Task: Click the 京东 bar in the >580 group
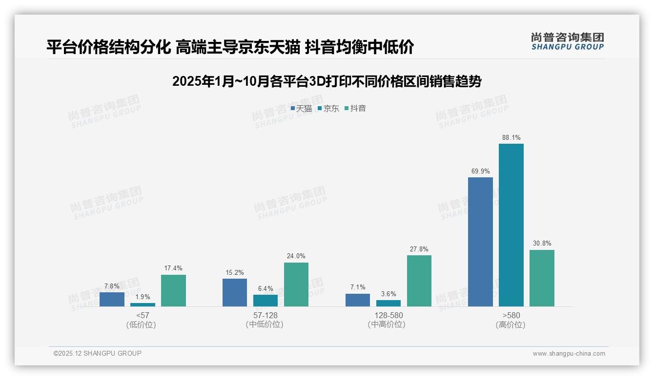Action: click(x=511, y=225)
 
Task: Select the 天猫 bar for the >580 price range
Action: click(x=480, y=242)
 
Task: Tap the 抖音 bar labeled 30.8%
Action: click(x=542, y=278)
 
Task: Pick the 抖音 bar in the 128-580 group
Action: click(x=419, y=281)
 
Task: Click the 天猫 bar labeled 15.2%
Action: click(x=235, y=292)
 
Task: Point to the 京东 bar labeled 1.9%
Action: click(x=143, y=304)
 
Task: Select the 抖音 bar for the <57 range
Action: click(x=173, y=290)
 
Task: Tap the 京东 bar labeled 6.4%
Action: click(x=266, y=301)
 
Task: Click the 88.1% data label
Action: click(x=511, y=138)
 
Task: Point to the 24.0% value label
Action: click(x=296, y=256)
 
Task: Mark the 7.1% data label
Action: click(x=358, y=287)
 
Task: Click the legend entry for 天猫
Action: click(x=301, y=109)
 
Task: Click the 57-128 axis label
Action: click(x=266, y=316)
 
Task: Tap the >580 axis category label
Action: click(x=511, y=316)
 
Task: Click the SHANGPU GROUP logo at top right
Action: click(x=567, y=41)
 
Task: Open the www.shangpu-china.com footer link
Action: click(x=569, y=354)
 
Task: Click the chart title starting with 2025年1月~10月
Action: click(x=327, y=81)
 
